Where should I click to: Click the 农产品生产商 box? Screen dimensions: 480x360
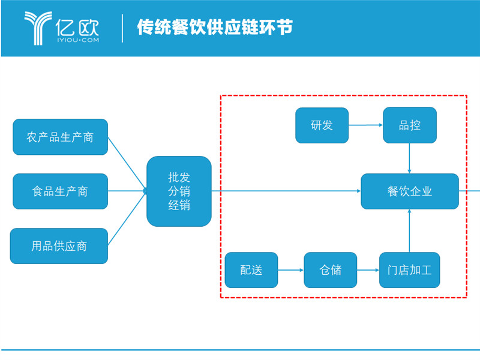[61, 137]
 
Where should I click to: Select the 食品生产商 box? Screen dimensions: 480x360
[61, 191]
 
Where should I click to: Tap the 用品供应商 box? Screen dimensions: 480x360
[59, 246]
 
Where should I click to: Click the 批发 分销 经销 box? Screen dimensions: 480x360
[179, 191]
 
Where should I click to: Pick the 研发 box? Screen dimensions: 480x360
[322, 125]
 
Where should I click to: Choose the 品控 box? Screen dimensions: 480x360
[410, 125]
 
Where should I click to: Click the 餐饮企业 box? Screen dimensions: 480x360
[410, 191]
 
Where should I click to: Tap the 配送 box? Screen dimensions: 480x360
[251, 270]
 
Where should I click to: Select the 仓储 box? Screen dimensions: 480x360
[331, 270]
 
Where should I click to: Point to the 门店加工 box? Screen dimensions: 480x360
[410, 270]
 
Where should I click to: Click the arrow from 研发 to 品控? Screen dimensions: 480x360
[366, 125]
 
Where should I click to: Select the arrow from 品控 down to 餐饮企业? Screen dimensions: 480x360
[410, 158]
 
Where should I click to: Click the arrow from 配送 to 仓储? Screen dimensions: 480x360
[291, 270]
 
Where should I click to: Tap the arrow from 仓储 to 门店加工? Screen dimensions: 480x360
[368, 270]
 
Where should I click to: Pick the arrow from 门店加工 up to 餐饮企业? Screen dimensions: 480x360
[410, 231]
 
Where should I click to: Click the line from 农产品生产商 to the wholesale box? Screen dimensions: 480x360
[127, 164]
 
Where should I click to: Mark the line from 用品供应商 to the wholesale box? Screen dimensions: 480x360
[127, 218]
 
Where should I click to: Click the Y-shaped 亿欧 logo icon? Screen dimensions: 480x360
[38, 28]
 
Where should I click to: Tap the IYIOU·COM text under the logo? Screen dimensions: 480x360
[78, 40]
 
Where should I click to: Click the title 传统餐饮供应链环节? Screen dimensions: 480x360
[215, 27]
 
